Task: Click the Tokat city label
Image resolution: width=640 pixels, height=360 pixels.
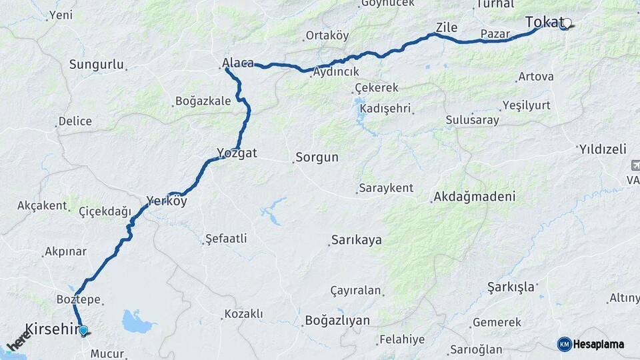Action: point(544,22)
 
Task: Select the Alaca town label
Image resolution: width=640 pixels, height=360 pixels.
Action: point(237,63)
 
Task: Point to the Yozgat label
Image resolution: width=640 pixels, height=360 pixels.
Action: point(237,153)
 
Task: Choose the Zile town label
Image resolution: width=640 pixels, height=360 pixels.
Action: point(447,27)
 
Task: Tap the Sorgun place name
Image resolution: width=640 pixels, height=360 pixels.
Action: point(317,158)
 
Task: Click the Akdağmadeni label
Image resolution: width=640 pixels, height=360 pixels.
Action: point(474,197)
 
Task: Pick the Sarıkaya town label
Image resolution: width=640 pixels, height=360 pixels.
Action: point(357,239)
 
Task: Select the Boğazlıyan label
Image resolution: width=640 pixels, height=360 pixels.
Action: point(337,321)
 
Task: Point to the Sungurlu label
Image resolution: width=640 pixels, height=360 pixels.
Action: point(97,65)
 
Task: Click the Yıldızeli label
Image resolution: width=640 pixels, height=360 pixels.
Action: point(603,148)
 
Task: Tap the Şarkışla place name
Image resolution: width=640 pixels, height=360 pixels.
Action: point(511,287)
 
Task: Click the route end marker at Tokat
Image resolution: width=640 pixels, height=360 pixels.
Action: point(566,26)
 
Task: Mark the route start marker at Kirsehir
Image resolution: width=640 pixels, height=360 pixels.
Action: point(83,330)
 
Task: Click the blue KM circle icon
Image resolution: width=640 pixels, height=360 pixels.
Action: point(564,344)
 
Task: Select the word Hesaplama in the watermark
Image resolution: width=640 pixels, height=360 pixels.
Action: point(598,344)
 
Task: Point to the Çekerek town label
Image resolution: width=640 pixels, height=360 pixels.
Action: point(376,87)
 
